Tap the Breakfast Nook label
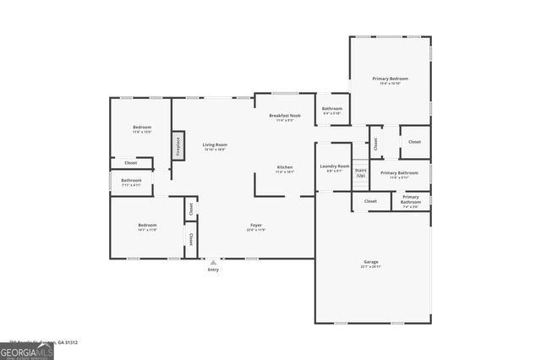click(285, 117)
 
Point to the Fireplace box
click(178, 145)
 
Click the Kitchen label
click(285, 169)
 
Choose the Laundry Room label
click(334, 167)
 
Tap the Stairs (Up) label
click(360, 172)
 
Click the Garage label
click(371, 264)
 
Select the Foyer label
click(255, 227)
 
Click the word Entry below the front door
click(213, 270)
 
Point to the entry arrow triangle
click(213, 262)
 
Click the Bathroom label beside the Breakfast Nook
click(332, 110)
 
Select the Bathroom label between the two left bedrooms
click(131, 182)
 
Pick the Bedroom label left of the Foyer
click(147, 226)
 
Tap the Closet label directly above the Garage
click(370, 201)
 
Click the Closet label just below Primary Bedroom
click(414, 142)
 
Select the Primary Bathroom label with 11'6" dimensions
click(400, 175)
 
